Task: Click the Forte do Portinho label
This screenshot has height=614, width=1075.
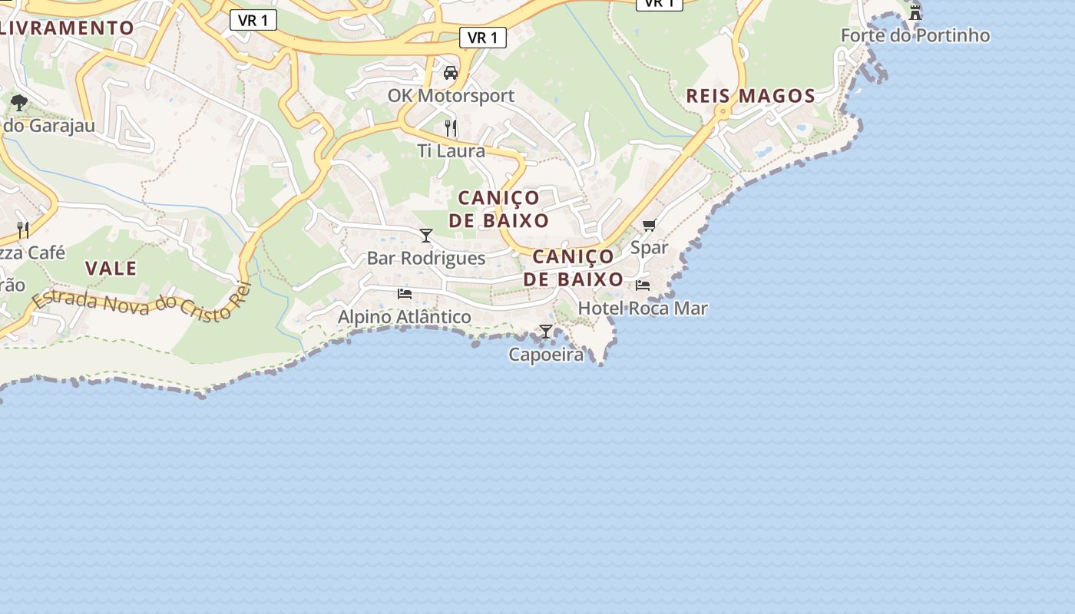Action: pos(915,35)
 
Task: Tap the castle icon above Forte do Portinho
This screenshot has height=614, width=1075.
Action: pos(915,12)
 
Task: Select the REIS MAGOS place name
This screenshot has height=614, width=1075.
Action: pos(750,96)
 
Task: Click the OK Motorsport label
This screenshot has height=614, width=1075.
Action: pos(451,96)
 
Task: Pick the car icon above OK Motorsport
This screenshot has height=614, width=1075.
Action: pos(451,73)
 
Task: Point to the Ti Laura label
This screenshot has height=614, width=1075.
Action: pos(451,150)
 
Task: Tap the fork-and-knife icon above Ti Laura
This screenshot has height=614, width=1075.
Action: pos(451,127)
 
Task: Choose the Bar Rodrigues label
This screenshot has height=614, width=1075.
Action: pos(426,258)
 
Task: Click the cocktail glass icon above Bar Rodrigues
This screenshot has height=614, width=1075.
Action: pos(426,235)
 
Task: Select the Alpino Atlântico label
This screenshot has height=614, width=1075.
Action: pos(405,316)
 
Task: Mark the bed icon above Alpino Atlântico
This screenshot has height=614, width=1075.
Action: pos(405,293)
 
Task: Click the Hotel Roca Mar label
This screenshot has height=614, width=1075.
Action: pos(643,308)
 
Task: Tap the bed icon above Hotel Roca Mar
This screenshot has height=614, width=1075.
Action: pos(643,285)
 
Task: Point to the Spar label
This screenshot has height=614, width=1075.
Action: pos(649,247)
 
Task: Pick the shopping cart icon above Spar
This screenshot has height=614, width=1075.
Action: pos(649,225)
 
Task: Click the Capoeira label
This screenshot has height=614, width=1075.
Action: pos(546,355)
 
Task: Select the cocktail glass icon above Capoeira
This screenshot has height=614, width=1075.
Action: pos(546,332)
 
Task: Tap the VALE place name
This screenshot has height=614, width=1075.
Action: pos(111,269)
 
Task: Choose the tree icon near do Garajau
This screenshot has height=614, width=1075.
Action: pos(19,102)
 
